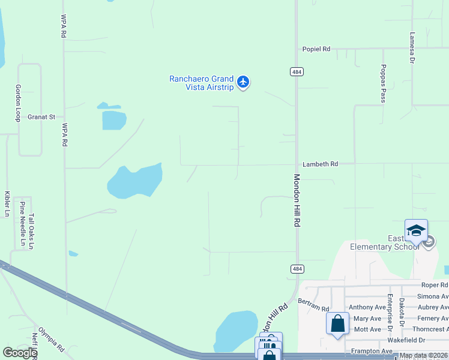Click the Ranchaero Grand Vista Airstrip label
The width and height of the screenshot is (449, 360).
pos(201,82)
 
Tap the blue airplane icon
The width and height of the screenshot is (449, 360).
pos(243,82)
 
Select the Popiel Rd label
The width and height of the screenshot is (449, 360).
pos(317,49)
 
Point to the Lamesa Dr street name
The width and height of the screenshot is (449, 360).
pos(412,48)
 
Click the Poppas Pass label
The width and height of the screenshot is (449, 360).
pos(383,84)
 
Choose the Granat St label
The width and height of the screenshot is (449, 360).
pos(41,117)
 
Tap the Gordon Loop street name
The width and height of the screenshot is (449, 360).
pos(18,103)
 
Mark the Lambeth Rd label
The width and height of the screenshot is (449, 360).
pos(321,164)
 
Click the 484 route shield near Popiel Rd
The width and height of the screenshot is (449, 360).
pos(297,72)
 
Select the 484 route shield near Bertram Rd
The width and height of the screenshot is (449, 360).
pos(297,269)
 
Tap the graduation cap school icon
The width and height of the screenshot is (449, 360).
pos(416,230)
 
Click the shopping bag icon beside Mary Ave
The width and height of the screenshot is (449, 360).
pos(337,323)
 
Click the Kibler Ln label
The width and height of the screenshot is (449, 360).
pos(7,205)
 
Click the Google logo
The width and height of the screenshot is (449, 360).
pos(20,353)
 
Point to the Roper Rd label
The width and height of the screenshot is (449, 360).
pos(435,286)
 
